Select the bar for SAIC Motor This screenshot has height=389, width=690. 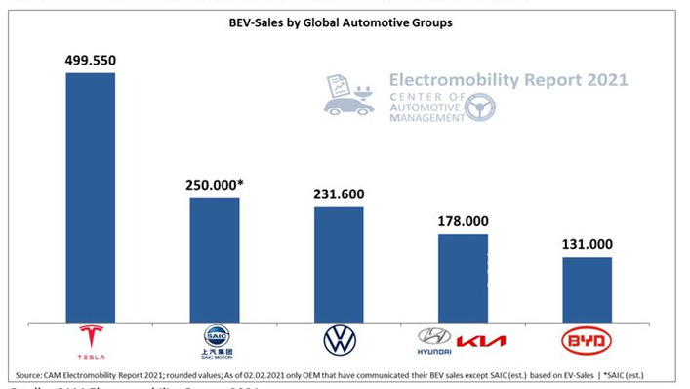tap(214, 259)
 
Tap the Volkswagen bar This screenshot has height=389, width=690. tap(339, 263)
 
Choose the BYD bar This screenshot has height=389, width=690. tap(587, 288)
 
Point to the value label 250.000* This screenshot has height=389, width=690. tap(216, 185)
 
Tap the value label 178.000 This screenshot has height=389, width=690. tap(463, 220)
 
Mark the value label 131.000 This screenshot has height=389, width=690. tap(587, 244)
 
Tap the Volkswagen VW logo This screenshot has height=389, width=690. tap(340, 341)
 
